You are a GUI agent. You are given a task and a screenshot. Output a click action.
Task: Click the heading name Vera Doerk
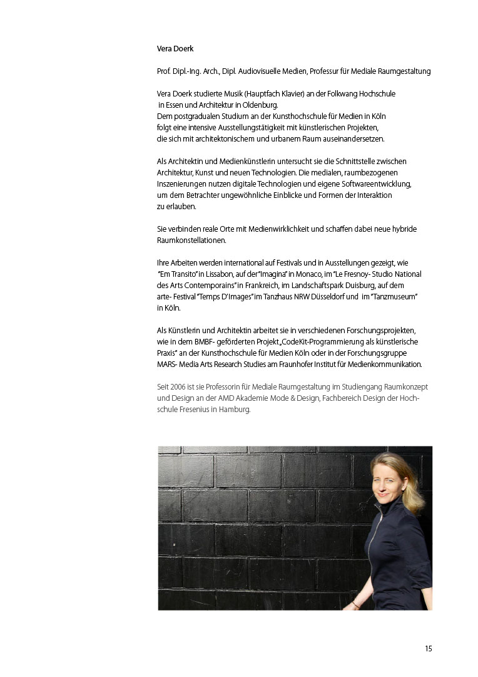pyautogui.click(x=175, y=48)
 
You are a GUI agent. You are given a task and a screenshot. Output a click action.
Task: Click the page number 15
pyautogui.click(x=429, y=649)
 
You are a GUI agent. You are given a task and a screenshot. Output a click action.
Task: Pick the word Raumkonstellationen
pyautogui.click(x=191, y=240)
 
